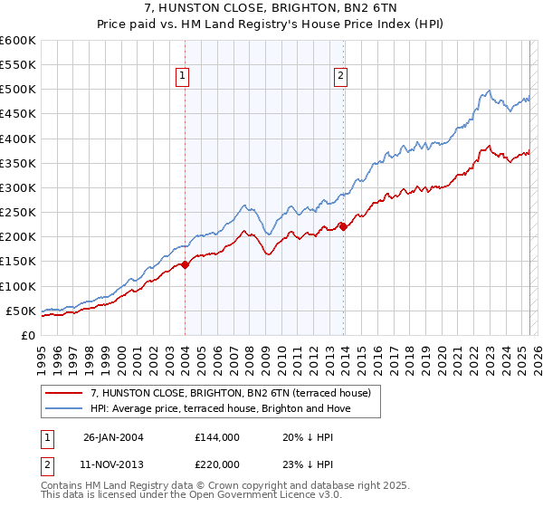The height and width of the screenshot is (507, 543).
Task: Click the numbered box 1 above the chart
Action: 184,77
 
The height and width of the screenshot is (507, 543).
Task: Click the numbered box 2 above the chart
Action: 341,77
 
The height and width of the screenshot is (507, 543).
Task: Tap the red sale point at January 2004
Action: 185,264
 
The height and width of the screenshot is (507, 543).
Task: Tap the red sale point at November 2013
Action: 343,227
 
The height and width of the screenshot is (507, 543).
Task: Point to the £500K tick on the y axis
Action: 19,90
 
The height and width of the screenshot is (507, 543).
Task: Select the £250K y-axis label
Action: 19,213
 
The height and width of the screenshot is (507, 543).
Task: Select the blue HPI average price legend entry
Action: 220,408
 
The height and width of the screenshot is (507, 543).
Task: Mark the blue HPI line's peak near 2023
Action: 489,90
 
